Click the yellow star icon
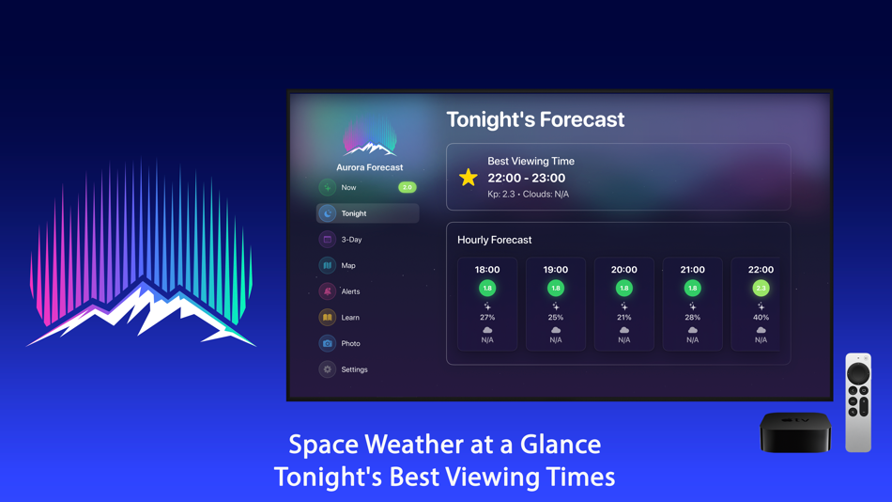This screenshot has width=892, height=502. pyautogui.click(x=468, y=178)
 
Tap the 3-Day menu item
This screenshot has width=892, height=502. pyautogui.click(x=351, y=240)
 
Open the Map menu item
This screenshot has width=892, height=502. pyautogui.click(x=348, y=266)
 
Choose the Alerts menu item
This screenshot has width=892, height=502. pyautogui.click(x=350, y=291)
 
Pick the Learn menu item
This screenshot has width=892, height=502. pyautogui.click(x=349, y=318)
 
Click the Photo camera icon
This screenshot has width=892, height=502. pyautogui.click(x=328, y=344)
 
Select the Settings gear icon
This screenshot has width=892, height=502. pyautogui.click(x=328, y=369)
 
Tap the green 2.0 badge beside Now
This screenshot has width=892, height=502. pyautogui.click(x=407, y=187)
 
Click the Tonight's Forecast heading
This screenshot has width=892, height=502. pyautogui.click(x=535, y=119)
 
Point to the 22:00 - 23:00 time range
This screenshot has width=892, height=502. pyautogui.click(x=526, y=178)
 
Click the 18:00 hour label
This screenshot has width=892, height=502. pyautogui.click(x=487, y=270)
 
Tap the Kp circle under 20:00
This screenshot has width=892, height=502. pyautogui.click(x=624, y=289)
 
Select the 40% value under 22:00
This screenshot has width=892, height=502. pyautogui.click(x=761, y=318)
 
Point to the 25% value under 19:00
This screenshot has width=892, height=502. pyautogui.click(x=556, y=318)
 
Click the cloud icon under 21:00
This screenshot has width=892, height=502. pyautogui.click(x=693, y=330)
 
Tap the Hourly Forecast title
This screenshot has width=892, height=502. pyautogui.click(x=494, y=240)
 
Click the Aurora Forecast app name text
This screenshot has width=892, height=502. pyautogui.click(x=370, y=167)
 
